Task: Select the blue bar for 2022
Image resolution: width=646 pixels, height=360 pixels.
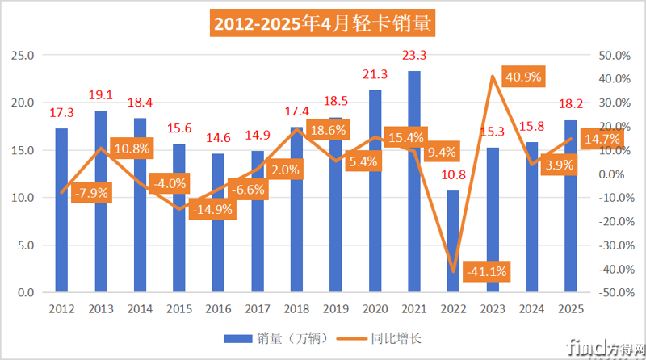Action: (x=453, y=241)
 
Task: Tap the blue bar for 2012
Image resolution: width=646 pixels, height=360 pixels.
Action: (x=61, y=210)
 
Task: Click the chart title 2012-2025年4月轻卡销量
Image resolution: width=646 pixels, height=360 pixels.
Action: (x=323, y=23)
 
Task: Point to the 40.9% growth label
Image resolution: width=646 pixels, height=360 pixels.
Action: (x=524, y=77)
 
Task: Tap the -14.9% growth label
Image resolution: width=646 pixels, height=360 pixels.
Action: (x=214, y=209)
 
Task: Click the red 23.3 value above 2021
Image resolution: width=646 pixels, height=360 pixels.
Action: (x=413, y=56)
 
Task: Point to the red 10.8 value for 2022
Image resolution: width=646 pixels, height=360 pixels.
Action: (x=453, y=174)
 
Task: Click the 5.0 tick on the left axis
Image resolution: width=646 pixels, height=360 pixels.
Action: (x=26, y=245)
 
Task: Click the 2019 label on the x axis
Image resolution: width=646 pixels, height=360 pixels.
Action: (x=335, y=308)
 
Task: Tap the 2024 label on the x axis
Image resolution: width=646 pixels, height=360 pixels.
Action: (x=531, y=308)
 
